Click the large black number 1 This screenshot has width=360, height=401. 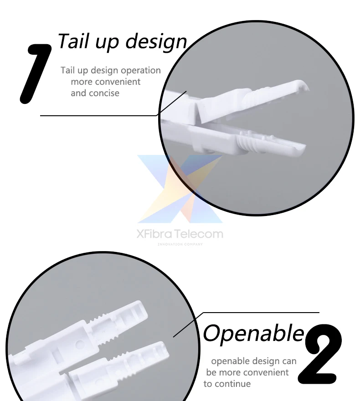point(36,74)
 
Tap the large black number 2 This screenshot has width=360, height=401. point(320,354)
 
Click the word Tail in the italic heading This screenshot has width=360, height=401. point(74,41)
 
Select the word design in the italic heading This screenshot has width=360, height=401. point(156,42)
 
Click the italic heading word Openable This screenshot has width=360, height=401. point(253,334)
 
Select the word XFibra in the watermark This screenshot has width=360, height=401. point(155,234)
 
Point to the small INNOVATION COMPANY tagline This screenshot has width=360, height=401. point(180,244)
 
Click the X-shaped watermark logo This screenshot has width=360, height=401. point(180,189)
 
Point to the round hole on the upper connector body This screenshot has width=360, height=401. point(79,344)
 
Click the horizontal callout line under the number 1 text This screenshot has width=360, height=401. point(98,116)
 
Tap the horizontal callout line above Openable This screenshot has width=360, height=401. point(261,313)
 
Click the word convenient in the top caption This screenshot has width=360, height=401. point(106,82)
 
